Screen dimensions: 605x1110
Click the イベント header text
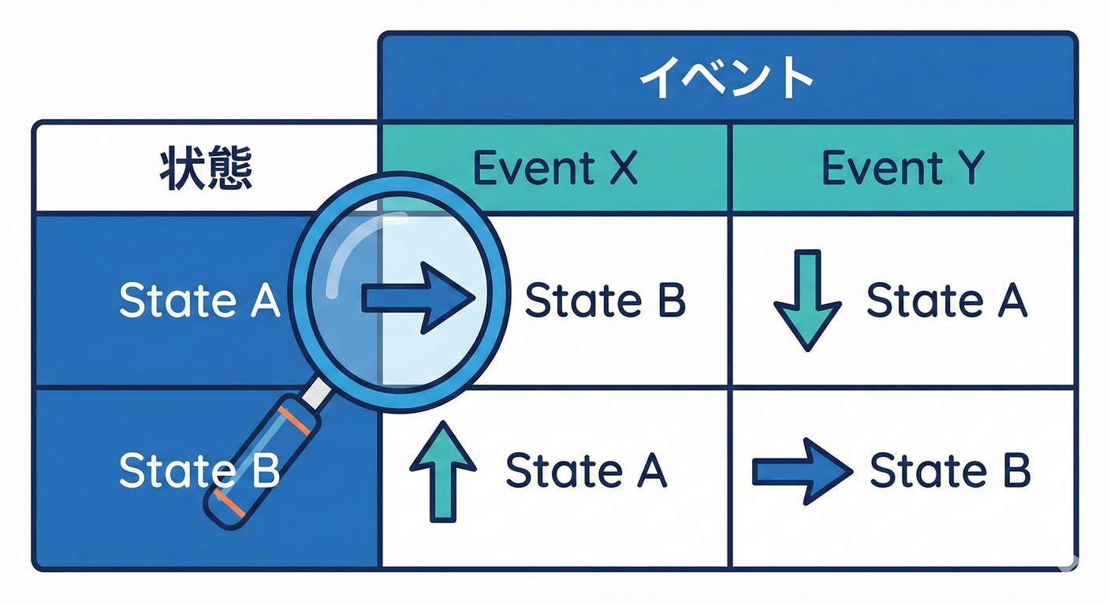pyautogui.click(x=726, y=78)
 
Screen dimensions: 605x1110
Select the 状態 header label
pyautogui.click(x=206, y=169)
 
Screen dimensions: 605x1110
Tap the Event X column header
pyautogui.click(x=554, y=169)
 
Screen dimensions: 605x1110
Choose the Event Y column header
pyautogui.click(x=903, y=169)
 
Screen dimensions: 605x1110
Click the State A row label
pyautogui.click(x=199, y=301)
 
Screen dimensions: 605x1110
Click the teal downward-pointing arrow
pyautogui.click(x=807, y=299)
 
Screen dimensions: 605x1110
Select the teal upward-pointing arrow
pyautogui.click(x=443, y=470)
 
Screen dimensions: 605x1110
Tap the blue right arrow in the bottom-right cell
pyautogui.click(x=802, y=471)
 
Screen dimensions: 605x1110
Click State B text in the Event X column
pyautogui.click(x=605, y=301)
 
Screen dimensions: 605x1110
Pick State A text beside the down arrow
pyautogui.click(x=947, y=301)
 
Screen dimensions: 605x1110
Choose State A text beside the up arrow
pyautogui.click(x=586, y=470)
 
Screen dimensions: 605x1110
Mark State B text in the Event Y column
pyautogui.click(x=949, y=470)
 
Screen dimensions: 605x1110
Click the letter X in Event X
pyautogui.click(x=623, y=169)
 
